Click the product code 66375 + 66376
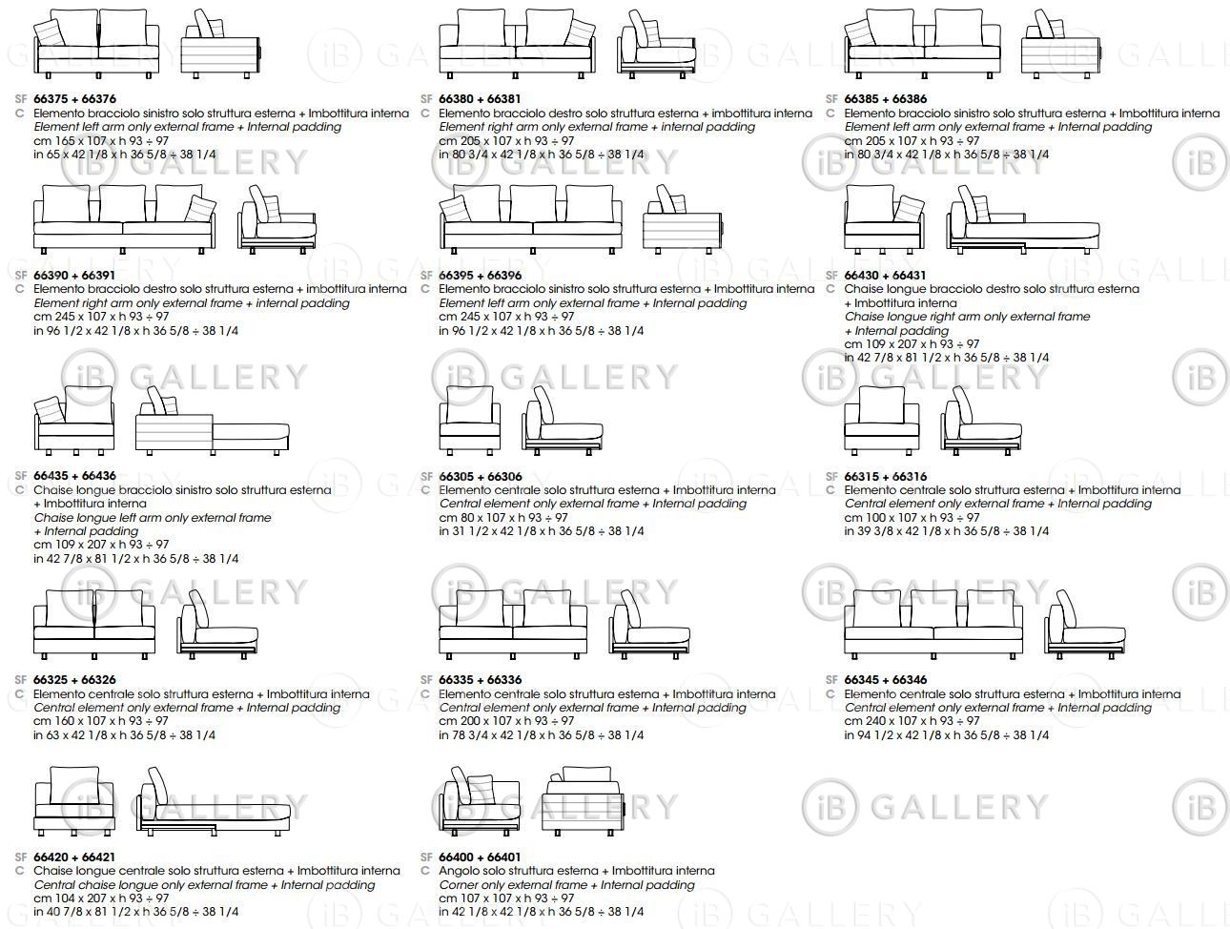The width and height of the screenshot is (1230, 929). pos(75,99)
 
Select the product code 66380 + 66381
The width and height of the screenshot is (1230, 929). pos(481,99)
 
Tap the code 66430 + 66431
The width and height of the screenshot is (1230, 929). pos(886,275)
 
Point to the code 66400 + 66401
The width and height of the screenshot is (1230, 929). pos(481,857)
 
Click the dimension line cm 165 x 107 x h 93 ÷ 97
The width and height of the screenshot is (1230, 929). pos(101,140)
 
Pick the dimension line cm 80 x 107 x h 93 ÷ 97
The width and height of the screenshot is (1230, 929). pos(503,517)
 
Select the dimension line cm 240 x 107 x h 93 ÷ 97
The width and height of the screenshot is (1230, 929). pos(912,720)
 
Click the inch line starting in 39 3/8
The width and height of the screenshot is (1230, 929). pos(947,530)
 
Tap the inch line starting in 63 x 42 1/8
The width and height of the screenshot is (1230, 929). pos(124,734)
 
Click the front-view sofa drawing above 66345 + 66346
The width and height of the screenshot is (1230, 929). pos(933,624)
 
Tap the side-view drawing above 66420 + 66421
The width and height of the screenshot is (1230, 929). pos(213,802)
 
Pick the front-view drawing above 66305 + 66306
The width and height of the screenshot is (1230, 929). pos(469,420)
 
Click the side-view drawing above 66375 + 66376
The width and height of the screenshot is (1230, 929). pos(221,44)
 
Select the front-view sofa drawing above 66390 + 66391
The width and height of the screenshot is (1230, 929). pos(124,219)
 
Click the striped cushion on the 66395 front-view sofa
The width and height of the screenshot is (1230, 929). pos(456,209)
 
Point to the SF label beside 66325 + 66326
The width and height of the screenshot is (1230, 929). pos(21,680)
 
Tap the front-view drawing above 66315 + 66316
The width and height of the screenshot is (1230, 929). pos(882,420)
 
